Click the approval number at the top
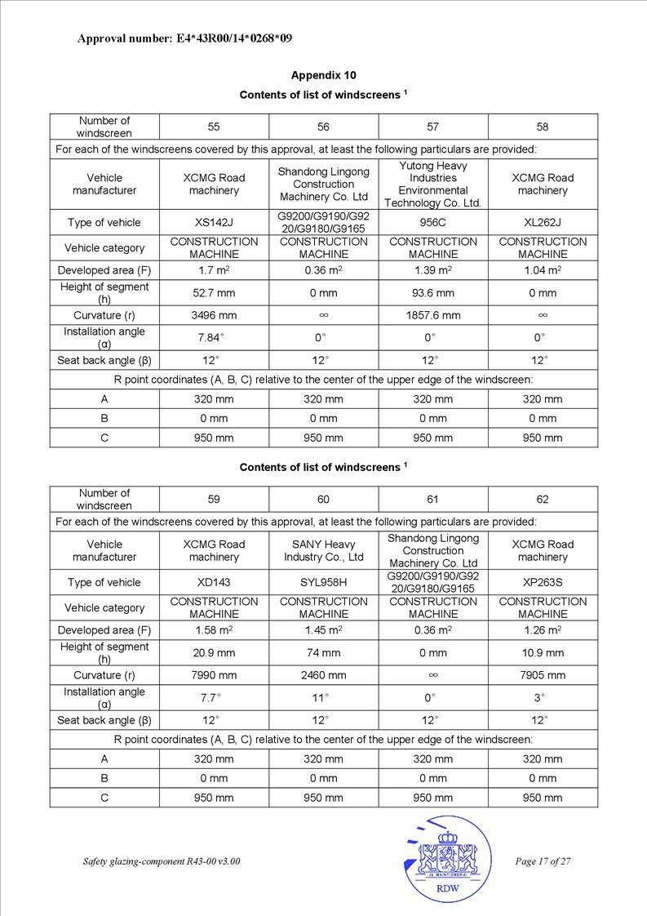184,38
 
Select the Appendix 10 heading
323,75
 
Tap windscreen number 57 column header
432,127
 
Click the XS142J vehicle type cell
214,222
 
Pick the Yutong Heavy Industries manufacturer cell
432,185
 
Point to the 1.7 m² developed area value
214,270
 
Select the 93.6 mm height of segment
432,293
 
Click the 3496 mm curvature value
214,315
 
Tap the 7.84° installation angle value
214,338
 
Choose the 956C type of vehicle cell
432,222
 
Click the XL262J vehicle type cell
543,222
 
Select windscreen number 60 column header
323,500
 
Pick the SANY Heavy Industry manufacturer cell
323,550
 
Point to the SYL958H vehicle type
323,582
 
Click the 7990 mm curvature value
214,675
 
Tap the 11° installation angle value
323,698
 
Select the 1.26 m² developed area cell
543,630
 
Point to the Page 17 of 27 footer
543,862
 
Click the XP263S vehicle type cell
543,582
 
